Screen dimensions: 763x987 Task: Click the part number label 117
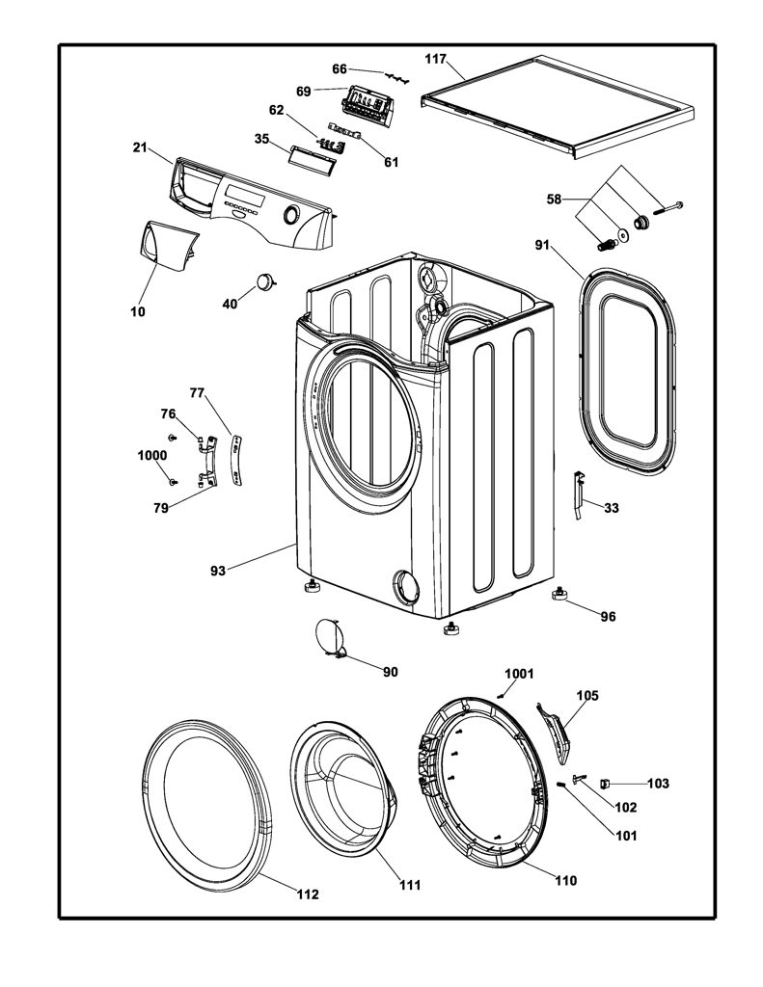(435, 59)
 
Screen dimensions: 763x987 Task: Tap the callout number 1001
(519, 674)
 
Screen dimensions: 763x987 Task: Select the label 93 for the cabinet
(217, 571)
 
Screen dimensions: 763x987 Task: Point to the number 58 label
(554, 200)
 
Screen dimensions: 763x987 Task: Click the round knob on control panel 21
(291, 214)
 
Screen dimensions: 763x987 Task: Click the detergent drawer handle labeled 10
(169, 242)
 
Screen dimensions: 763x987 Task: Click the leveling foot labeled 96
(559, 594)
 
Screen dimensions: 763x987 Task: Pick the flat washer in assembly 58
(623, 235)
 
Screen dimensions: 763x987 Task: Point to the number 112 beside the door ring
(308, 894)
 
